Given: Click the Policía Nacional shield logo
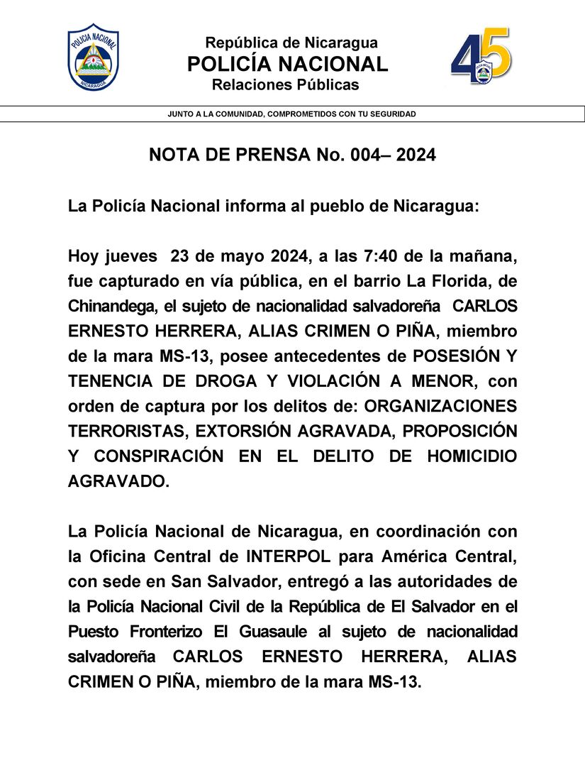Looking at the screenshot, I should (93, 57).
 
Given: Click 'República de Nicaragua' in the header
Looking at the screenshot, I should (291, 43).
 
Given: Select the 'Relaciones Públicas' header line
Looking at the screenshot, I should (286, 85).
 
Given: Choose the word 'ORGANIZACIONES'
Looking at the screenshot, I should (445, 406).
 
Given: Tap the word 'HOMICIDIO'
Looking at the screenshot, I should (472, 456).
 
